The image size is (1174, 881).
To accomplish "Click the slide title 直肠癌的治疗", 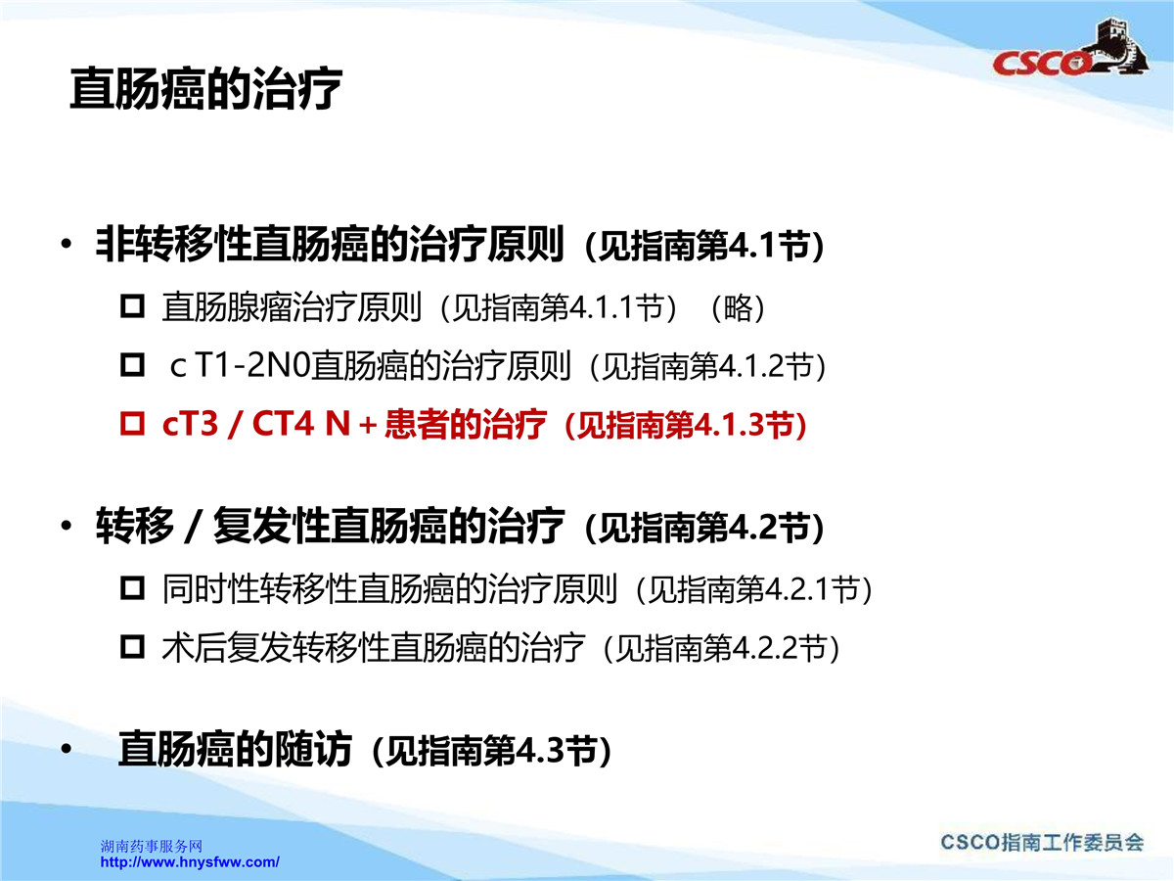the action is point(205,89).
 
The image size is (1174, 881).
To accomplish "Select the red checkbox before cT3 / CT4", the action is point(132,424).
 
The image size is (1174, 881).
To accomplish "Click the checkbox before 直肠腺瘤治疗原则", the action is point(132,307).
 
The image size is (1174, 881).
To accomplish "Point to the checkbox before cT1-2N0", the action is point(132,365).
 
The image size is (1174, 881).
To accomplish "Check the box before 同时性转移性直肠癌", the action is point(132,588).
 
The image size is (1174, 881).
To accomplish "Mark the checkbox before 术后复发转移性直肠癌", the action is point(132,647).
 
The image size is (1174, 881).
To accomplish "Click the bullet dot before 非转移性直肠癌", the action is point(67,245).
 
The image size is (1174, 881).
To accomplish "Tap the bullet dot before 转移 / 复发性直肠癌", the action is point(67,526).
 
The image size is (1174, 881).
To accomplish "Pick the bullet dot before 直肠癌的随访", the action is point(67,749).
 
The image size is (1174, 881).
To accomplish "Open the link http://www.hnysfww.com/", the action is point(190,861).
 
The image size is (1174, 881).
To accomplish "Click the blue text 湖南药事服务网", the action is point(152,846).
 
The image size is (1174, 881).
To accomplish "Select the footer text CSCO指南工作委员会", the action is point(1042,843).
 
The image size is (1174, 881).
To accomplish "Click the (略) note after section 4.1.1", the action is point(738,307).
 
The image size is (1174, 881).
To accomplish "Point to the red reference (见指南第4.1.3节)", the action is point(686,425).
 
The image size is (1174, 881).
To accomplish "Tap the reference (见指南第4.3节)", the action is point(491,751).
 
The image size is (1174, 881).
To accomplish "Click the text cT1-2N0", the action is point(240,366).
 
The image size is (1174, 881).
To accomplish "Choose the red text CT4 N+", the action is point(314,424).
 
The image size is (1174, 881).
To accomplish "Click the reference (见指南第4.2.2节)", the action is point(721,648).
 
